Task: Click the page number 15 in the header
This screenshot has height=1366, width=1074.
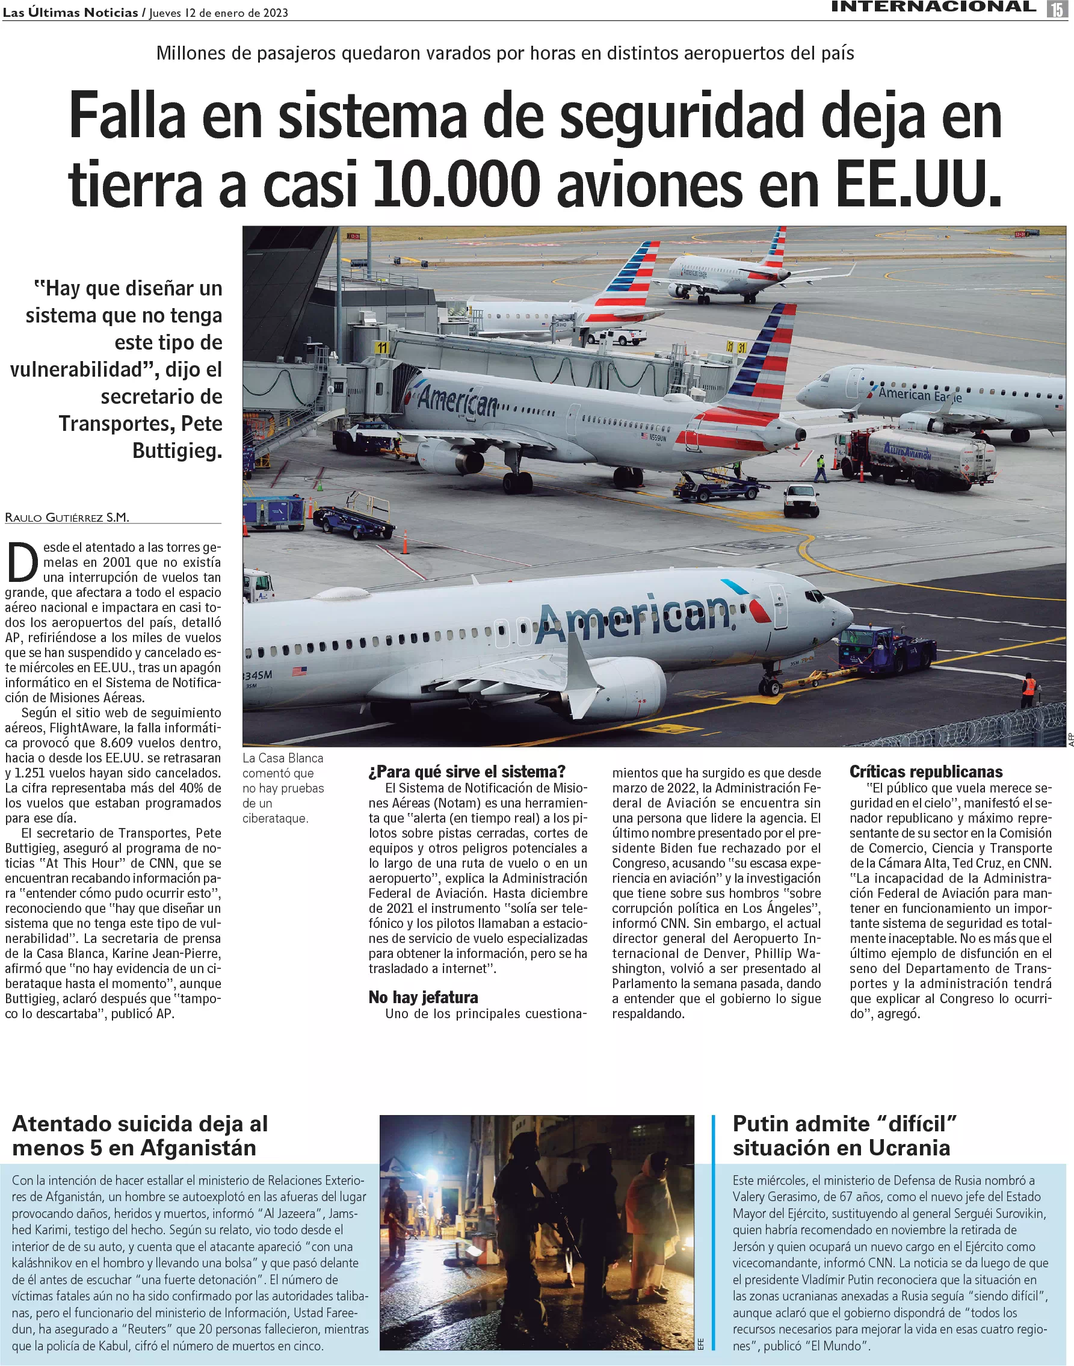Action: point(1056,8)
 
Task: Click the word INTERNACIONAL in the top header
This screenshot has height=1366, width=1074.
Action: point(933,7)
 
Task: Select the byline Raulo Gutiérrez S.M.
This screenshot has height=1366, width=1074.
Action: point(67,518)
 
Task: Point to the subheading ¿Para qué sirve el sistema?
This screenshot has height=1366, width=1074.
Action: point(466,771)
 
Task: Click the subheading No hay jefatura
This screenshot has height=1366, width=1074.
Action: point(422,997)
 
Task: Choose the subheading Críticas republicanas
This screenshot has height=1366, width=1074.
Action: point(925,771)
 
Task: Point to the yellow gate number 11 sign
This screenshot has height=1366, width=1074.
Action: point(381,348)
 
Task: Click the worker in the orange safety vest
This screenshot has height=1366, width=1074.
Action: point(1028,689)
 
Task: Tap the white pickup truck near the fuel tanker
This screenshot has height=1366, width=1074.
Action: point(800,501)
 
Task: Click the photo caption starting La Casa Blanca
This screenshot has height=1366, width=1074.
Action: point(282,787)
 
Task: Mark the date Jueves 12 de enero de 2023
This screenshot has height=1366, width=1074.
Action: point(218,13)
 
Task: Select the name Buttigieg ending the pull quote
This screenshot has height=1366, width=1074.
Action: point(177,450)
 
